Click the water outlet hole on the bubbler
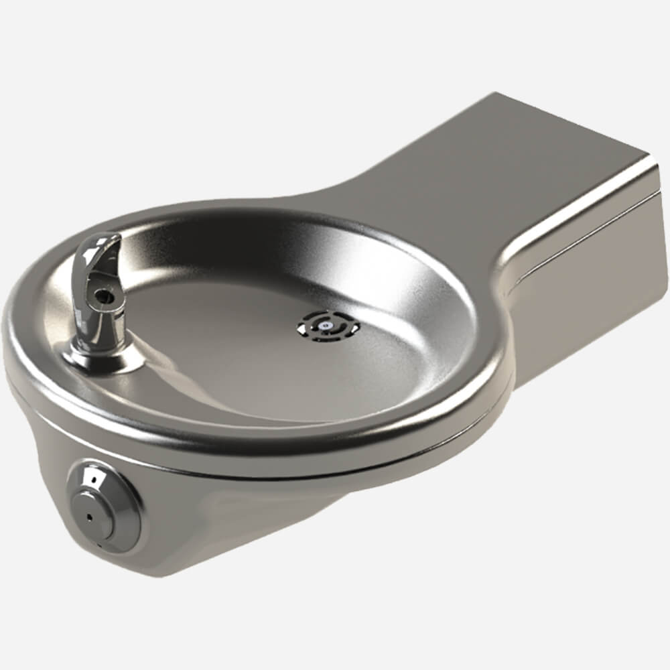point(103,293)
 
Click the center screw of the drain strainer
point(326,324)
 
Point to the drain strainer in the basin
point(328,325)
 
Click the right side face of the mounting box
point(590,268)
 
